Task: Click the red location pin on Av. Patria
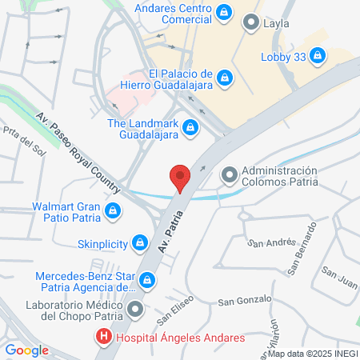pos(180,177)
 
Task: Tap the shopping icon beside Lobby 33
pos(317,56)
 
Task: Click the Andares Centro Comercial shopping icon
pos(225,12)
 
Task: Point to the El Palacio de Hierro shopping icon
pos(225,77)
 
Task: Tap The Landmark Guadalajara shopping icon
pos(190,126)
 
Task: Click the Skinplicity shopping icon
pos(140,241)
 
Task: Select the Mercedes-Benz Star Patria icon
pos(147,280)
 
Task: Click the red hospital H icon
pos(103,338)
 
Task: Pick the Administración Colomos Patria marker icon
pos(229,174)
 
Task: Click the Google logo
pos(26,350)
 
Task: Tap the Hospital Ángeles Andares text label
pos(181,338)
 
